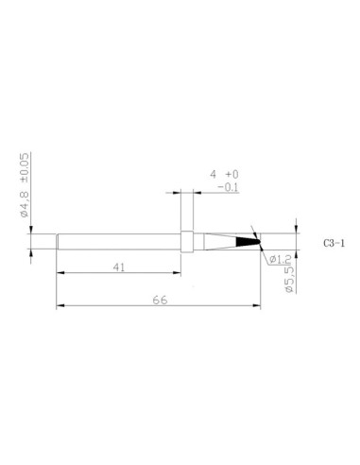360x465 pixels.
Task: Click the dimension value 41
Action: [119, 267]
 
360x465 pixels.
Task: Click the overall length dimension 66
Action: [158, 300]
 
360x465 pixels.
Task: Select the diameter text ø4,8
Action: [26, 203]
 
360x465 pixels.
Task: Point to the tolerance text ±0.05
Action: [26, 168]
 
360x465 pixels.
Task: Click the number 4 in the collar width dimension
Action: [214, 175]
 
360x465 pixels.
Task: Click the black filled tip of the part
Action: [249, 242]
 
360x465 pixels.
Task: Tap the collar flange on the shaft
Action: [187, 242]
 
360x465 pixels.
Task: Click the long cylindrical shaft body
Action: [118, 242]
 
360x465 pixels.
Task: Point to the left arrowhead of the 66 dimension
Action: [60, 306]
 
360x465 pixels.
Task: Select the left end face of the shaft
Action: [57, 242]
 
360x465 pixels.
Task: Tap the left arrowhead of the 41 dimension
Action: [60, 273]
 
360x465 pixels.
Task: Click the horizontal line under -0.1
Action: [228, 194]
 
